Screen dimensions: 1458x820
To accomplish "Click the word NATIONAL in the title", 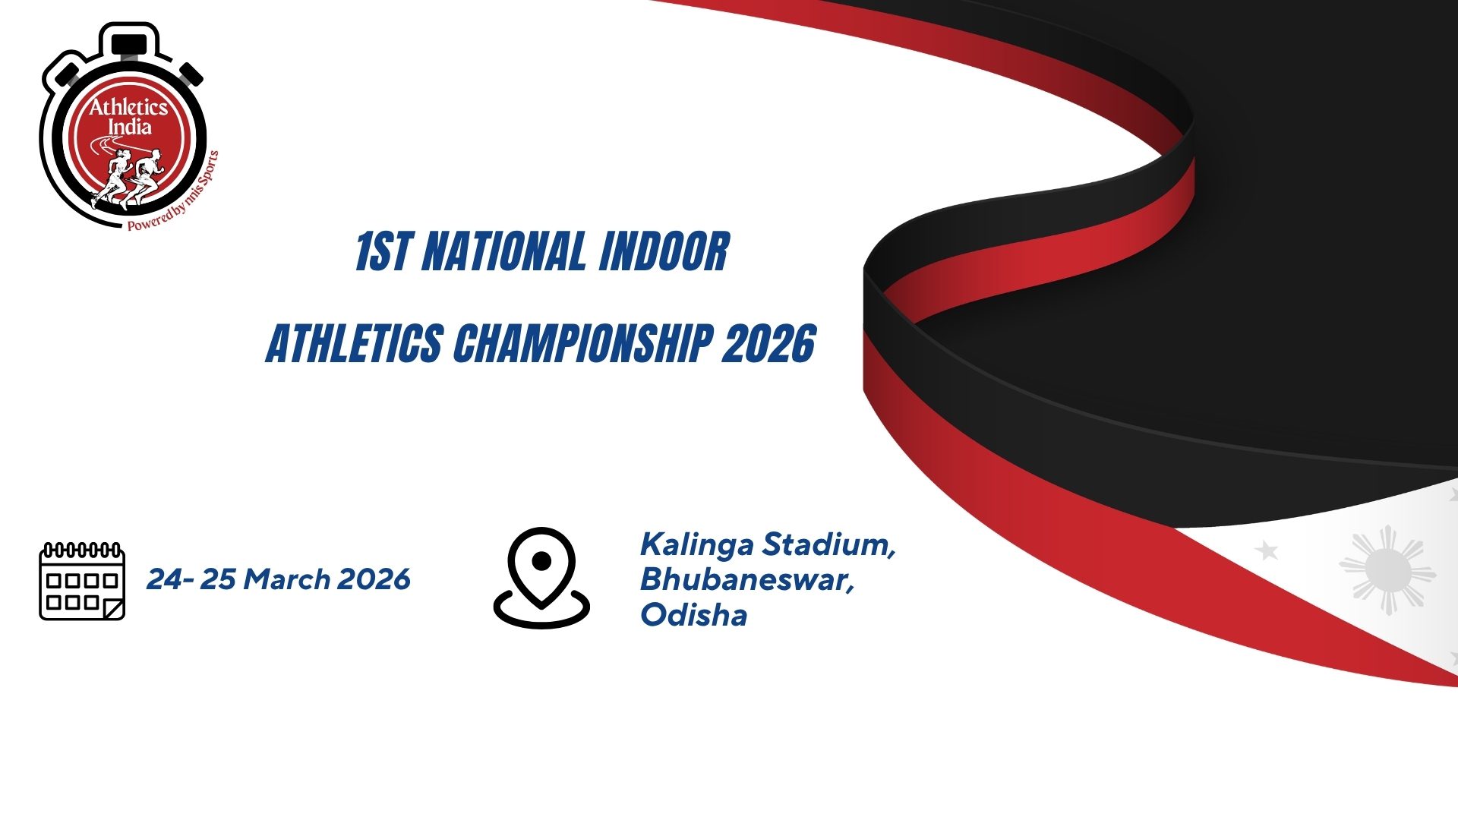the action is [503, 252].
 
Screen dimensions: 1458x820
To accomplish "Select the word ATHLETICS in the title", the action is [355, 343].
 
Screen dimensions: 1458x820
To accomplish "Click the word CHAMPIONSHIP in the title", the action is [582, 343].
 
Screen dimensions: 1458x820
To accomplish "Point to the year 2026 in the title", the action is [768, 343].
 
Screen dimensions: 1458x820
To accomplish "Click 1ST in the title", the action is [383, 252].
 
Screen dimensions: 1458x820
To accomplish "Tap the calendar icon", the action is [82, 581].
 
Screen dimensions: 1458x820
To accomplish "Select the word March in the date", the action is [286, 579].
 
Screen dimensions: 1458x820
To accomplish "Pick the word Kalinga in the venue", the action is [697, 545].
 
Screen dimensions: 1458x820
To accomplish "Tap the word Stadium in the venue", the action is [829, 545].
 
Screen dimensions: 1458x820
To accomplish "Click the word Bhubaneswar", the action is [747, 580].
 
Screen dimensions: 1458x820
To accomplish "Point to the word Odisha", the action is [694, 615].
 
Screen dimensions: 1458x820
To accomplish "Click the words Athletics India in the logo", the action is [129, 117].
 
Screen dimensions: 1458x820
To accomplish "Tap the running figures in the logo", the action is [128, 178].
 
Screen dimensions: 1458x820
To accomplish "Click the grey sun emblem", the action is [1387, 569].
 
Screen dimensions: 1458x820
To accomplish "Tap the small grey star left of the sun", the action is [1266, 550].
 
